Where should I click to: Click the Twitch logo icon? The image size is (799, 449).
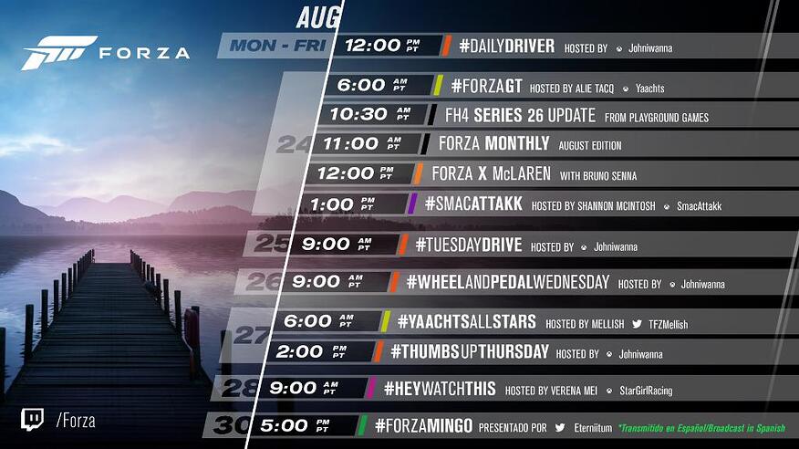click(x=32, y=420)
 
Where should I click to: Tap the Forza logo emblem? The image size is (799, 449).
click(x=58, y=53)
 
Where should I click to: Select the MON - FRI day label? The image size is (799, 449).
click(x=277, y=46)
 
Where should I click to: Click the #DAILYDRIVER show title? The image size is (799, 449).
click(x=506, y=47)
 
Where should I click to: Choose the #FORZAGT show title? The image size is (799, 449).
click(x=487, y=86)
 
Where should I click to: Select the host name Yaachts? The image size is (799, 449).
click(x=649, y=89)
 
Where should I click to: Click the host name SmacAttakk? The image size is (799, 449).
click(x=699, y=206)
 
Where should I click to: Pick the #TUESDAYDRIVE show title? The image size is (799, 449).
click(x=469, y=245)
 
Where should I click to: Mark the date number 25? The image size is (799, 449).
click(x=272, y=244)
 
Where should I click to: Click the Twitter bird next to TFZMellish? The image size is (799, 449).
click(x=637, y=324)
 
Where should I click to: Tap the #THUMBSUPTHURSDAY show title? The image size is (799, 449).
click(x=470, y=351)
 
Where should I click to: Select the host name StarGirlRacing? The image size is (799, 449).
click(x=646, y=391)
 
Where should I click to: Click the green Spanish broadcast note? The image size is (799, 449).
click(x=701, y=428)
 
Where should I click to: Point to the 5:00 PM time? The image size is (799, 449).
click(x=296, y=425)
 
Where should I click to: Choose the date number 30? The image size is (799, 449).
click(x=232, y=425)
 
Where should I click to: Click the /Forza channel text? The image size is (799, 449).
click(x=76, y=421)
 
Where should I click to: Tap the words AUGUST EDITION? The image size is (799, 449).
click(x=589, y=146)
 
